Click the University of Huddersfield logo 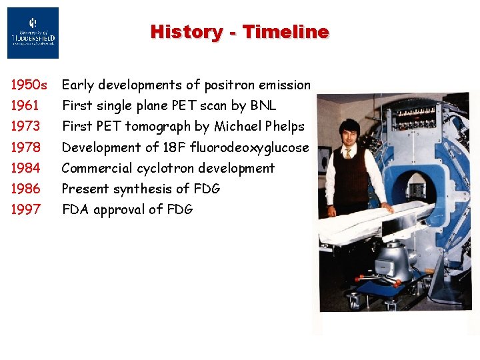click(33, 33)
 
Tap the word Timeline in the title click(285, 31)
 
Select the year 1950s click(29, 85)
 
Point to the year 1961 click(25, 105)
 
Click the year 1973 click(25, 126)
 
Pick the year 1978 click(25, 147)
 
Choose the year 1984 click(25, 168)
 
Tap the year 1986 click(25, 189)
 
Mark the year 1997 click(25, 209)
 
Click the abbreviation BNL click(263, 105)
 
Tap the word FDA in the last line click(76, 209)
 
